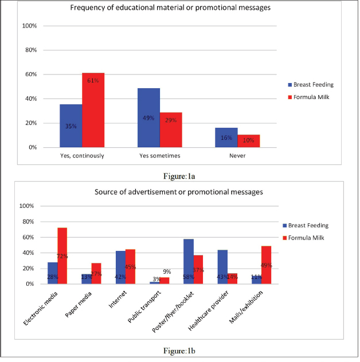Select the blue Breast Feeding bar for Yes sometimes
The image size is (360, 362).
[149, 117]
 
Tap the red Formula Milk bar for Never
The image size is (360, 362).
[249, 141]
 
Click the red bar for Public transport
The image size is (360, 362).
[165, 281]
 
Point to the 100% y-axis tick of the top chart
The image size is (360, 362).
[30, 26]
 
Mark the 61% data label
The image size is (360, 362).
[93, 81]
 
